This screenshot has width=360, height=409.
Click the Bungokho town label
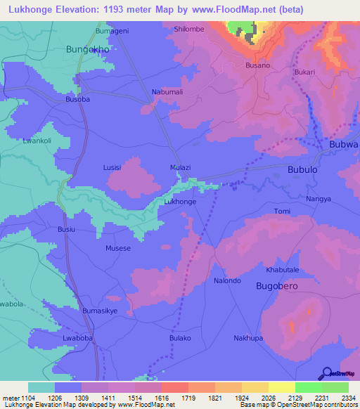pos(87,50)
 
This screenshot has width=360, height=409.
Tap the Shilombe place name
pos(188,30)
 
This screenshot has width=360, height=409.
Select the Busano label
pos(257,65)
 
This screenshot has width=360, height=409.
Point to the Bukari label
pos(304,72)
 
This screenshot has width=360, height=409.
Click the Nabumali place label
pos(167,92)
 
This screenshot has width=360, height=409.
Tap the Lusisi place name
pos(112,168)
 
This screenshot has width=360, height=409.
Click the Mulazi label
pos(181,168)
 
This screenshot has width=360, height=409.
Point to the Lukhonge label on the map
pos(179,202)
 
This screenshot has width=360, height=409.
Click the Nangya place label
pos(319,200)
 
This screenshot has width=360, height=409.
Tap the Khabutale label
pos(283,270)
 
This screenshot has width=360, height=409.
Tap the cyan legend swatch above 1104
pos(41,387)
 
